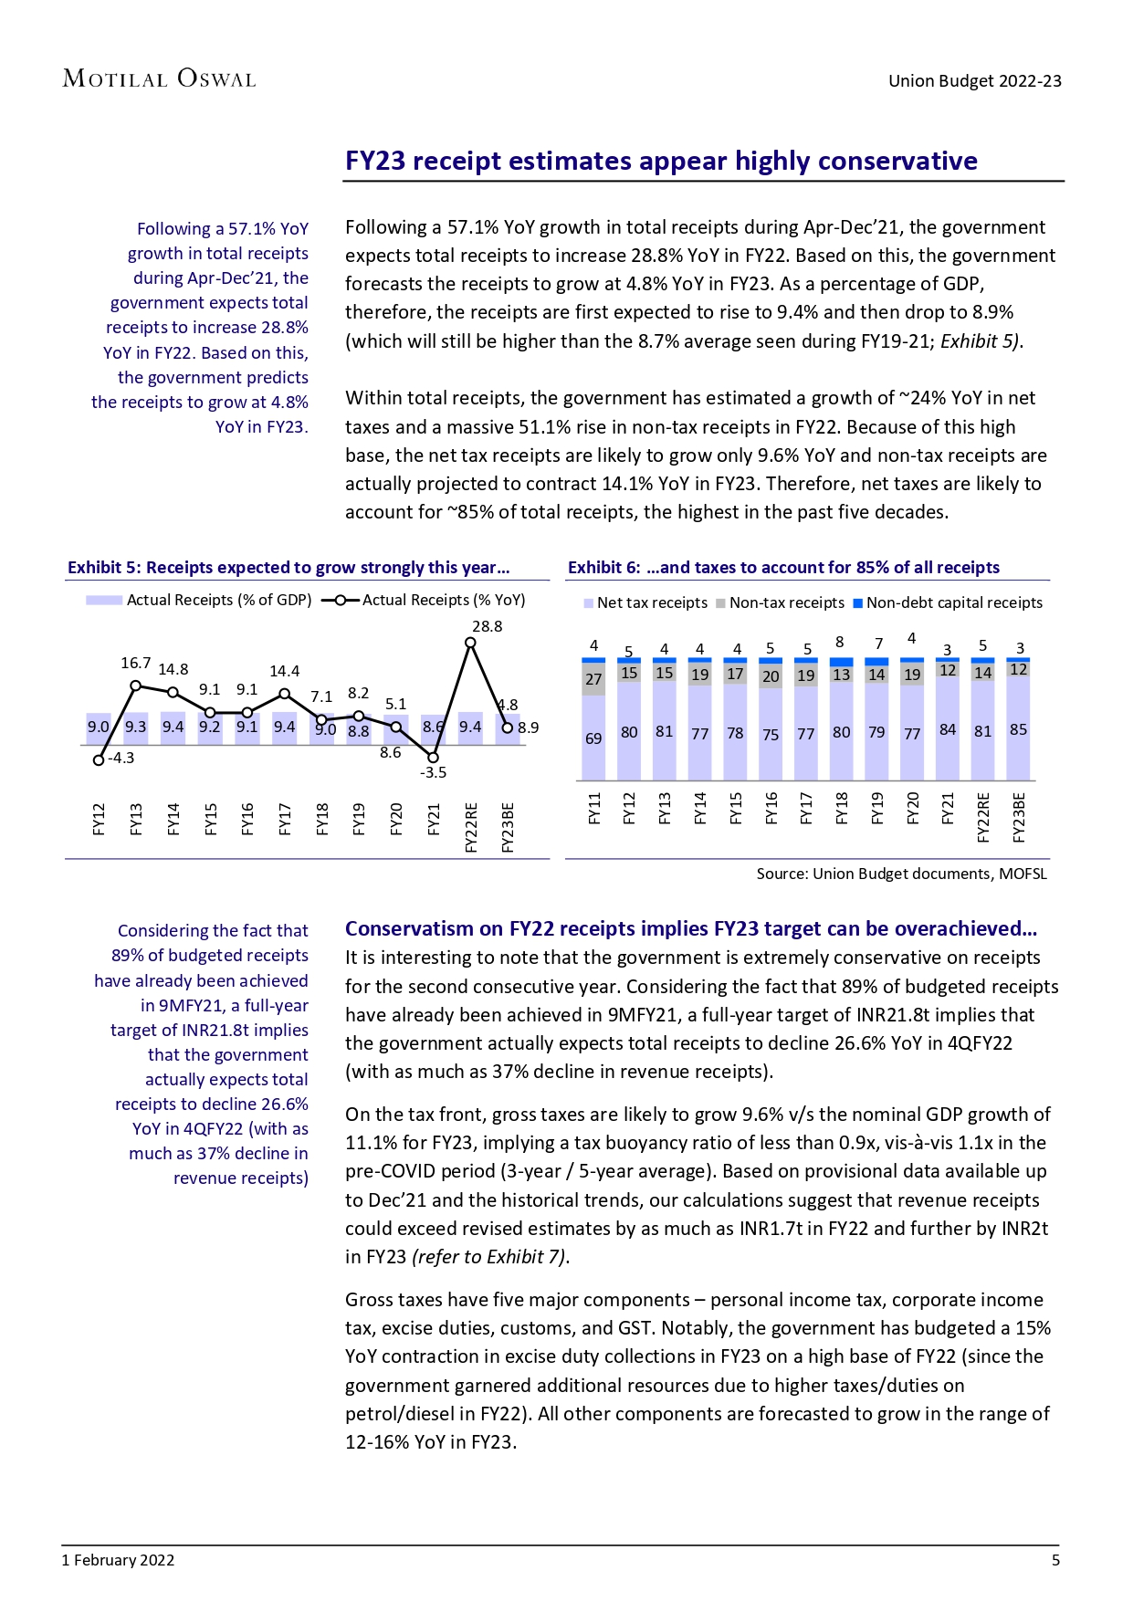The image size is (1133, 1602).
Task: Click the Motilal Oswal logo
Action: [x=159, y=79]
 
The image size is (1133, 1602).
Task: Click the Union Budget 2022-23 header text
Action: [x=974, y=80]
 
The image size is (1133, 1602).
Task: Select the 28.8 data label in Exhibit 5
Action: [x=487, y=626]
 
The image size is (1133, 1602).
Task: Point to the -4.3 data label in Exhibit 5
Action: [x=121, y=758]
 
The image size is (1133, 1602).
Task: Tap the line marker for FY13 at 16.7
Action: [x=135, y=685]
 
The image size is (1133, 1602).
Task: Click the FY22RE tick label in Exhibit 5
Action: [x=471, y=827]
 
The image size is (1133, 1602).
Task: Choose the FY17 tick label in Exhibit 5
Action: [x=285, y=819]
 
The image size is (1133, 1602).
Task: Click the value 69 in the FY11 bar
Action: [x=593, y=738]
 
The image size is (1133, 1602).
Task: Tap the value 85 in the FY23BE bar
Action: [x=1018, y=729]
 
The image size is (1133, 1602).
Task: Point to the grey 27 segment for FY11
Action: [x=593, y=679]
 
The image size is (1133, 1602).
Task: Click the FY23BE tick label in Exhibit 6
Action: [x=1019, y=818]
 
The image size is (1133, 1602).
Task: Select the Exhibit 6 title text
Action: [x=783, y=567]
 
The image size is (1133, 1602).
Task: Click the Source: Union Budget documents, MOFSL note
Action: [x=901, y=874]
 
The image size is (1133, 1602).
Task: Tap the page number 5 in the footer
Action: [x=1055, y=1560]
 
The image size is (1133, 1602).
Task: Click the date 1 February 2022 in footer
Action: [x=118, y=1560]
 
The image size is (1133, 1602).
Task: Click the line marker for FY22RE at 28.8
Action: [x=470, y=643]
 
